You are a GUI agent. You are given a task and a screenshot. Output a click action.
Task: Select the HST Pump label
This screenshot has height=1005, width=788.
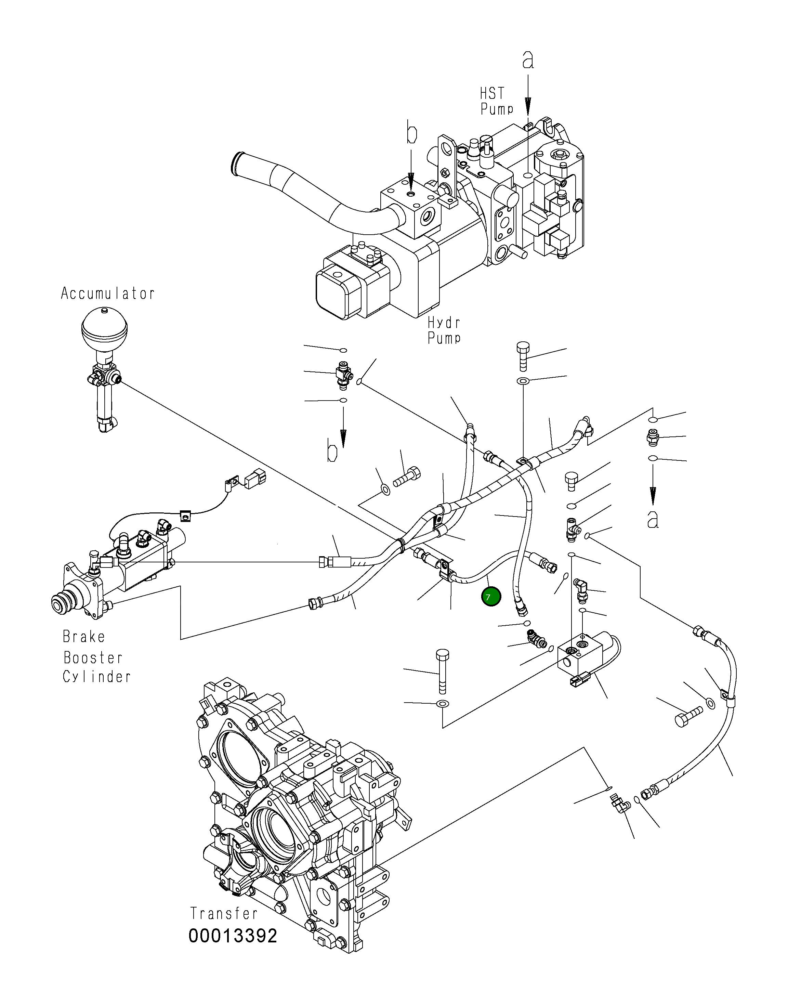click(x=496, y=101)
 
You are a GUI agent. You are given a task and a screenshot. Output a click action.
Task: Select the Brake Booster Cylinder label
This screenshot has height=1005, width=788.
click(x=96, y=657)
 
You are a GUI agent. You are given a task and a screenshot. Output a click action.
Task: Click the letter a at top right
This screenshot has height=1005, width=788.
click(x=528, y=60)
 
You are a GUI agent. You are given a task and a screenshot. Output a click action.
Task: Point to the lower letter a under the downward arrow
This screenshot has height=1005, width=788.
click(x=652, y=520)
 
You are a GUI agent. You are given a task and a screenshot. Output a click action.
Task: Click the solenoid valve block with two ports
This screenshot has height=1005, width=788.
click(x=579, y=656)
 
